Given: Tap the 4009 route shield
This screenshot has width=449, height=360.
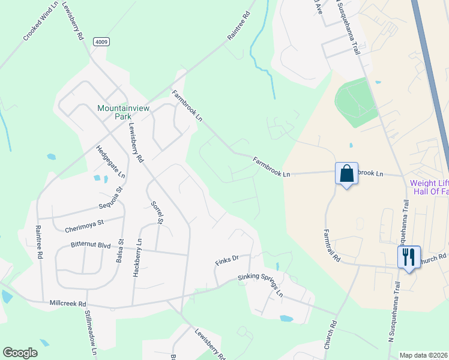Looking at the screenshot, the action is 101,41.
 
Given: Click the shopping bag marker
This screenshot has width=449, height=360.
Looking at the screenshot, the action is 347,174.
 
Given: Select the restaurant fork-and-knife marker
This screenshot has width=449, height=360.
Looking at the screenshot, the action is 409,257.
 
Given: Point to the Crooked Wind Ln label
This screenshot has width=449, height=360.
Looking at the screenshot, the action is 41,22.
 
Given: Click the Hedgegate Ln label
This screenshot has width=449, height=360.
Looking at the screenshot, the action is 110,162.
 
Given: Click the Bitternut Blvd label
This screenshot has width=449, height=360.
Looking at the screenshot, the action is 91,245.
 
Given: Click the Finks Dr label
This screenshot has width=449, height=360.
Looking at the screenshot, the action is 227,259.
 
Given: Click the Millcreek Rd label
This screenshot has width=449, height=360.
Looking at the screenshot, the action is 68,304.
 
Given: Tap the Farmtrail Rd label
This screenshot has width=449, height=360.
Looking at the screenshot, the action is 331,245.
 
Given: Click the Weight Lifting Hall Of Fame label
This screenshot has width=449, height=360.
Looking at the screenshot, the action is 429,187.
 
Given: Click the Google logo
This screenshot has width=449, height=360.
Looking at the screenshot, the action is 20,353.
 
